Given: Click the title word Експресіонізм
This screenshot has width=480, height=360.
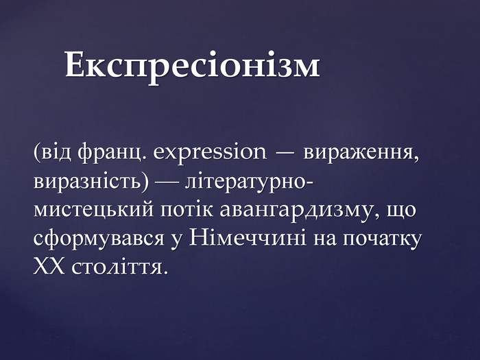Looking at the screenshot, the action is [x=192, y=65].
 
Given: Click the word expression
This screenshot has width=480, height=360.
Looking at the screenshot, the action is [x=210, y=153].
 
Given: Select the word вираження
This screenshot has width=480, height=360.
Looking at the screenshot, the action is [x=361, y=154].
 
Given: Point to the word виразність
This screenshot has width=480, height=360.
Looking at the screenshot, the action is [x=91, y=182].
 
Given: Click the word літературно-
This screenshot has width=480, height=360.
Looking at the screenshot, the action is [x=249, y=182].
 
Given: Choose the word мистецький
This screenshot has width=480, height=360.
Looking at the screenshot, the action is [x=94, y=211].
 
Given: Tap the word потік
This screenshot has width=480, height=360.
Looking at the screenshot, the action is [x=187, y=210].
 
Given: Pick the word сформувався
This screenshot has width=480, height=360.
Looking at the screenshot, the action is [x=99, y=239].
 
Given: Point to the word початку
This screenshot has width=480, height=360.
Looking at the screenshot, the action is [x=382, y=239].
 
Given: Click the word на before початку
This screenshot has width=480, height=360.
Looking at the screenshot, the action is [x=324, y=239].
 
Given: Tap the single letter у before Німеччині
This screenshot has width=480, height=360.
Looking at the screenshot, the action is [x=176, y=241].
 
